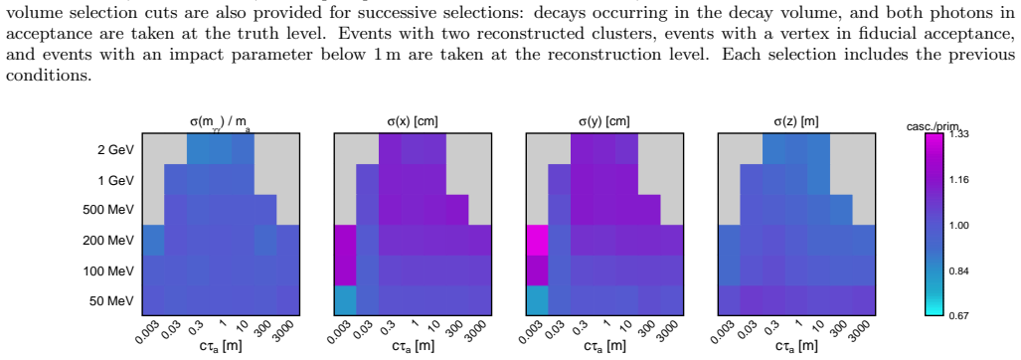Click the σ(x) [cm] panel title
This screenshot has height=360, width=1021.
click(412, 121)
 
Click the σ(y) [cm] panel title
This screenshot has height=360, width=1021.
click(603, 121)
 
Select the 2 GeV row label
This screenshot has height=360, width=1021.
click(115, 150)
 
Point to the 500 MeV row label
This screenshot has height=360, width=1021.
click(109, 210)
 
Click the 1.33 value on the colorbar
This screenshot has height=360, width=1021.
click(958, 134)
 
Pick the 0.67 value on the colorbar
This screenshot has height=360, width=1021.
click(958, 315)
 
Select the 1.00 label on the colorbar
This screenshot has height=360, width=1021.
click(958, 225)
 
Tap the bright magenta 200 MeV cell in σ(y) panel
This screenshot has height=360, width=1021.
click(537, 241)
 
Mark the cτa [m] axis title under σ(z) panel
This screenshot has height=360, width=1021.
click(795, 346)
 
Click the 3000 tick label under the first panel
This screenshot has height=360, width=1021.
click(286, 330)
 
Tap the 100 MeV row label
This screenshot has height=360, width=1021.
click(109, 270)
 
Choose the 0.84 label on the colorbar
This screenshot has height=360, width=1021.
click(958, 270)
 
